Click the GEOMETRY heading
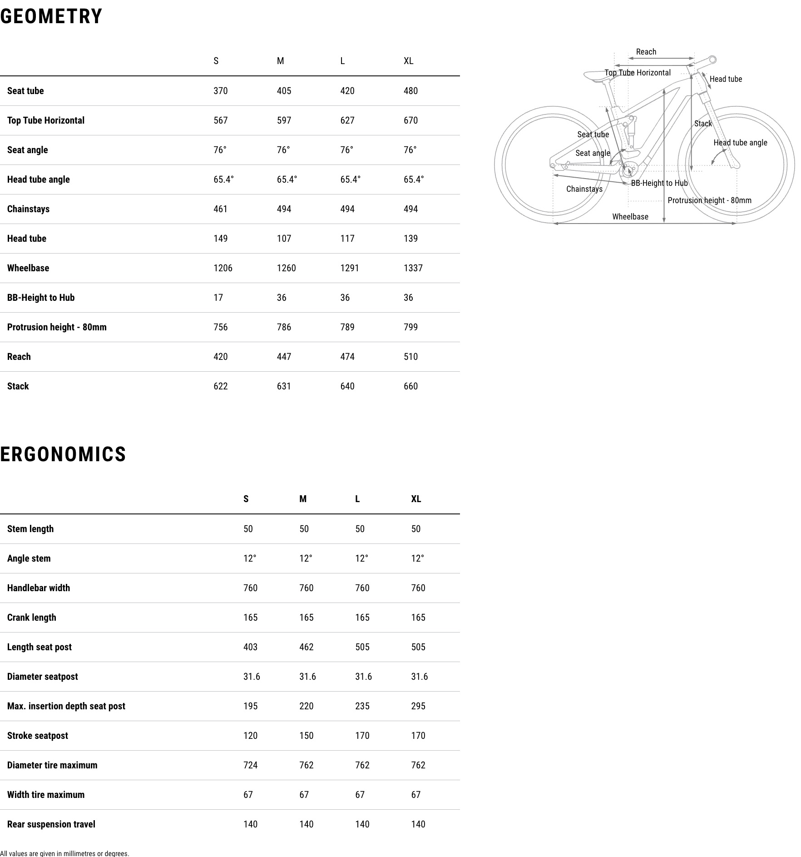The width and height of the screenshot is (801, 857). (51, 17)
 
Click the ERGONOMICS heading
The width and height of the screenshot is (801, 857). (63, 454)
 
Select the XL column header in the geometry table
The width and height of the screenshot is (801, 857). (408, 61)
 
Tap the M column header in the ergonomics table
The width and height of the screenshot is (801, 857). (303, 499)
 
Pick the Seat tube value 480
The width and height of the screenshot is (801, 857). (410, 91)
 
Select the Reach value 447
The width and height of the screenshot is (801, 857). (284, 357)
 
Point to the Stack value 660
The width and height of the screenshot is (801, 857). (410, 386)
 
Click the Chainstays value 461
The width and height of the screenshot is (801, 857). (220, 209)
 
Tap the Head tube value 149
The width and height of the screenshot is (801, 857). (220, 239)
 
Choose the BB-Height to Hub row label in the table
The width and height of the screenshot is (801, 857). (41, 298)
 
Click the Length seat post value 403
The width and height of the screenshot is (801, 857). (250, 647)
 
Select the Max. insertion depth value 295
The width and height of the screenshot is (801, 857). (418, 706)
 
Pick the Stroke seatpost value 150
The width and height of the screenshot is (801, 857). (306, 736)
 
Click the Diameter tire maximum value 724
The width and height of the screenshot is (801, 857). (250, 765)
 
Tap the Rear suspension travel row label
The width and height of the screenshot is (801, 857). (51, 824)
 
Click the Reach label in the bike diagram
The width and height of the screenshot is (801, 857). (646, 52)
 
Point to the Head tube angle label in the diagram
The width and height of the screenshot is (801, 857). (740, 143)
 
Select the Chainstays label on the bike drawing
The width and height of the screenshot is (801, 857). (584, 189)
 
